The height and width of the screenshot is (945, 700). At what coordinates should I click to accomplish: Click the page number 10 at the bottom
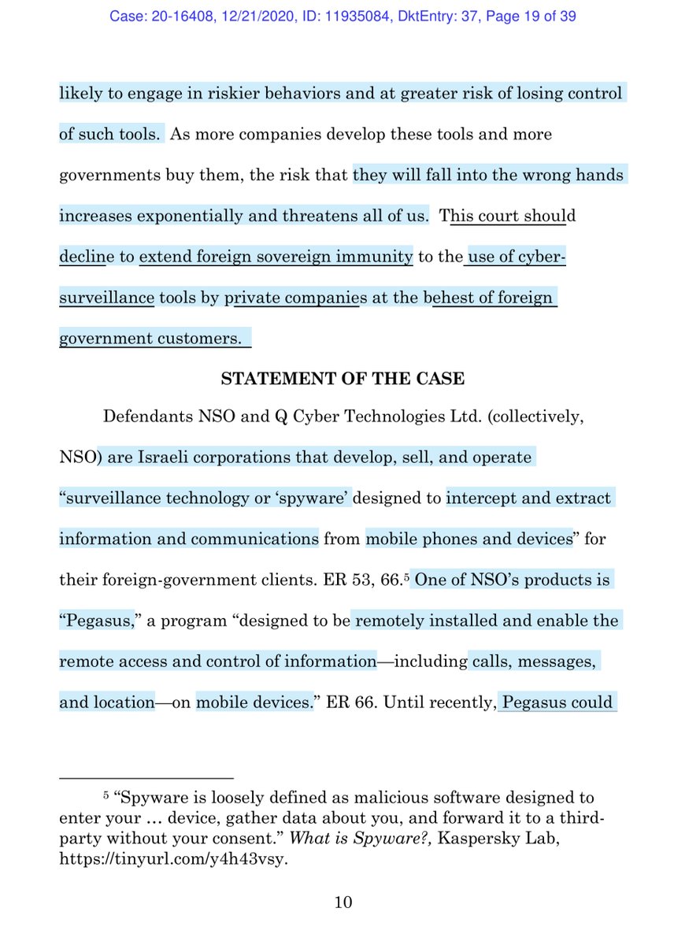343,902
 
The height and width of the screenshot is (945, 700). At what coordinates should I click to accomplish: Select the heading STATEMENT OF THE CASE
343,379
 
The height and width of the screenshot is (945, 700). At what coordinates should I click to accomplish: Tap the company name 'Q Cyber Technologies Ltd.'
366,417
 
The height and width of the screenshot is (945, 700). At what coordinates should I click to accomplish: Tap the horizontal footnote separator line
147,776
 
